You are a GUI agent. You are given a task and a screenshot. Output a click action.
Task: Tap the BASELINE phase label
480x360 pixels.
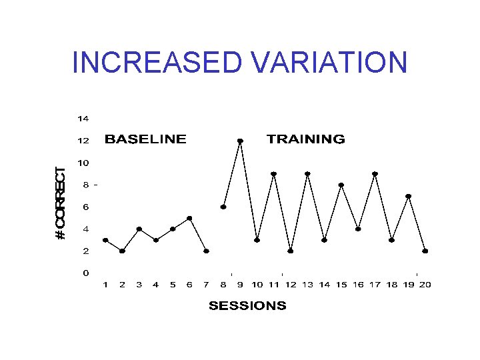[145, 139]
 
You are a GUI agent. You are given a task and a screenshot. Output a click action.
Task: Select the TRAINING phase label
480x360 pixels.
[306, 139]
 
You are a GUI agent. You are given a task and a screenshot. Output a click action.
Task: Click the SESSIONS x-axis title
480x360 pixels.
[247, 306]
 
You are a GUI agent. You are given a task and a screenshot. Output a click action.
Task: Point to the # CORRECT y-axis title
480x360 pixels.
[61, 203]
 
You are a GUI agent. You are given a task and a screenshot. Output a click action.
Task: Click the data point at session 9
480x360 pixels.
[240, 141]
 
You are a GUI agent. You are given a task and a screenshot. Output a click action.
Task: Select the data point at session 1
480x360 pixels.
[105, 240]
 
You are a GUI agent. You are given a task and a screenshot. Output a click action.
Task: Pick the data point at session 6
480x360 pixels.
[189, 218]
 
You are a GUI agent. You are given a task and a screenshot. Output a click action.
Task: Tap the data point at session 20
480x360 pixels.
[425, 251]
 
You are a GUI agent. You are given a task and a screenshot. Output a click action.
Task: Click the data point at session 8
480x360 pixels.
[223, 207]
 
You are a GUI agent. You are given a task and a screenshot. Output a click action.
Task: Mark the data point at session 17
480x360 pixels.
[375, 174]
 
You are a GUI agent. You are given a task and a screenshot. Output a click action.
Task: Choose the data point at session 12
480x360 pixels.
[291, 251]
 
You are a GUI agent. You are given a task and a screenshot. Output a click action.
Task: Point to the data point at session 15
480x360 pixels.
[341, 185]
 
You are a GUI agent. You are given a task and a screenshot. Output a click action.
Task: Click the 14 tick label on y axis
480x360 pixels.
[83, 119]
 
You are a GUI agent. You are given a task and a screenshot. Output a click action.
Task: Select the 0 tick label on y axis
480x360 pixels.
[86, 273]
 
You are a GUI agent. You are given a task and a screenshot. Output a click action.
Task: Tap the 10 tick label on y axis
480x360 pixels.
[83, 163]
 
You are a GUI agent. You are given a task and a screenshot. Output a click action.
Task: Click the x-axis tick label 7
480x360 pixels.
[206, 285]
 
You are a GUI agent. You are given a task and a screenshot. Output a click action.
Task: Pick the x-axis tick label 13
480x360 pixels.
[307, 285]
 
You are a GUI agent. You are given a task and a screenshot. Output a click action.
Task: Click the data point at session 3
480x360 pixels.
[139, 229]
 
